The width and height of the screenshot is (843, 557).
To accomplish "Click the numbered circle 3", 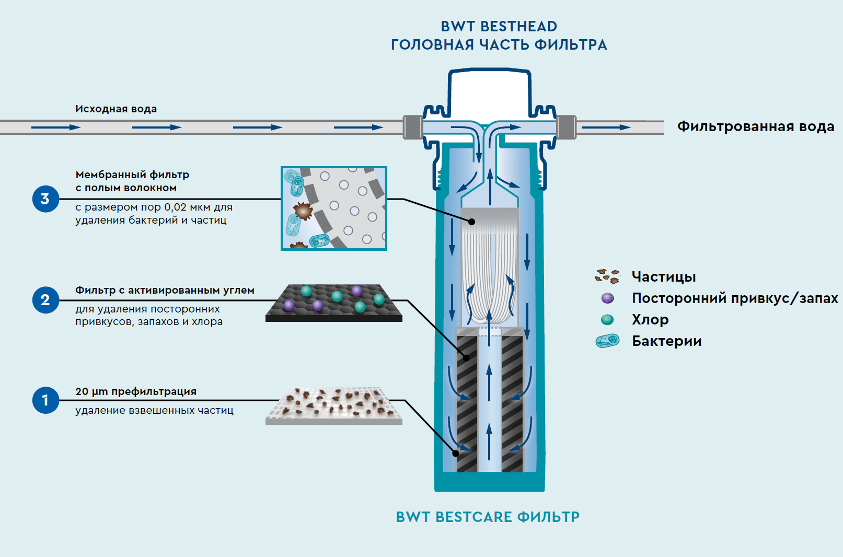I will (x=45, y=199).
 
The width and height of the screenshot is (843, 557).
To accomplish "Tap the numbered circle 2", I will (x=45, y=300).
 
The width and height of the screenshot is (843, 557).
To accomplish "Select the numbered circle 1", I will (x=45, y=400).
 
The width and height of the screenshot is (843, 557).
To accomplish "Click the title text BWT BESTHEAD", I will (x=499, y=26).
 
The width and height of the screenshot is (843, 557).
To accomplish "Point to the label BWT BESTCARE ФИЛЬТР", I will (x=488, y=517).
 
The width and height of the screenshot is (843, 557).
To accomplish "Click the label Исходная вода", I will (x=116, y=109).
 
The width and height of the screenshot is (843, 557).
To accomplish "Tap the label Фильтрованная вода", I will (x=755, y=126).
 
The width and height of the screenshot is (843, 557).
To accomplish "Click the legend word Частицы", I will (x=663, y=276).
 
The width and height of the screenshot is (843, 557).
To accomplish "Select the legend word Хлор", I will (x=650, y=319).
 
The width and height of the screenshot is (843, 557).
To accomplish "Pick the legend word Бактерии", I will (x=666, y=341).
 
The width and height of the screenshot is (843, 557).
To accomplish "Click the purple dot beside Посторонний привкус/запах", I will (x=607, y=298).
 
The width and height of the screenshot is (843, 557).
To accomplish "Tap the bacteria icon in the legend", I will (x=607, y=341).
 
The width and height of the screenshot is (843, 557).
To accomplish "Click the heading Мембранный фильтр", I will (x=132, y=175).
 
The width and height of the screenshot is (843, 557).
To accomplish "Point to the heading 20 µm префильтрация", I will (x=136, y=391).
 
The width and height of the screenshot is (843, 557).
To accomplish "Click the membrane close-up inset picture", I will (x=334, y=208).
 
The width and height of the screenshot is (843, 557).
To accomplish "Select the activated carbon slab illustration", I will (x=334, y=303).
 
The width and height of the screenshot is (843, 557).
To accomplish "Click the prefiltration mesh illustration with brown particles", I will (x=334, y=405).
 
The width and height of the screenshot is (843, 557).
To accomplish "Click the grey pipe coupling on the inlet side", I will (x=413, y=127).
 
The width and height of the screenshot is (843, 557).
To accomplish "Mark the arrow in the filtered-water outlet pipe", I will (x=606, y=127).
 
